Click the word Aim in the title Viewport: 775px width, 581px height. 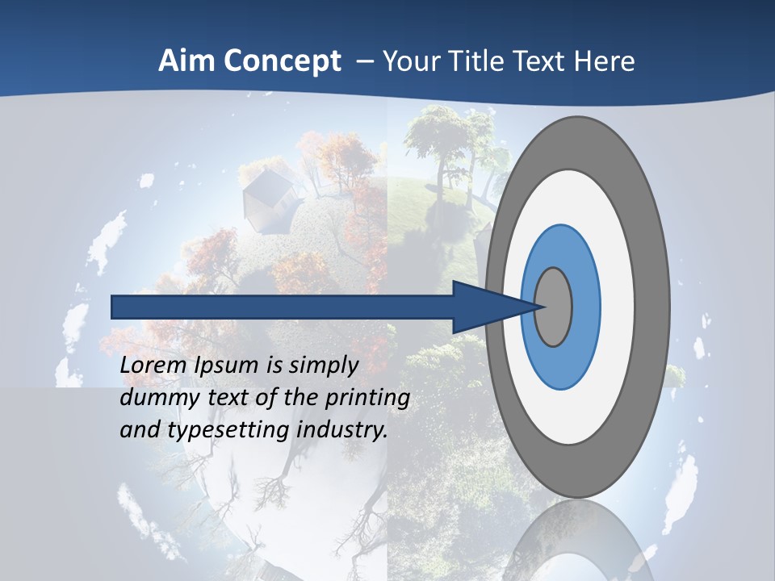point(186,61)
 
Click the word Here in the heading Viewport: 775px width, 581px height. point(605,61)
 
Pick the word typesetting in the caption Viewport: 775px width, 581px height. point(230,430)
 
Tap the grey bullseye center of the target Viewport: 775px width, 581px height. point(554,307)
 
